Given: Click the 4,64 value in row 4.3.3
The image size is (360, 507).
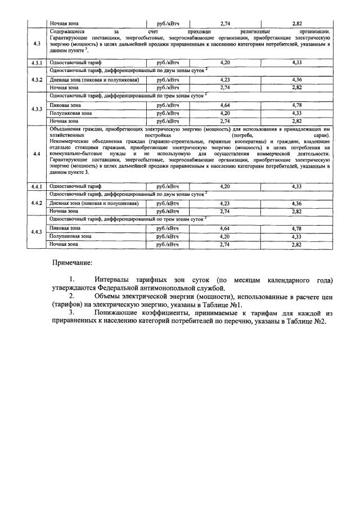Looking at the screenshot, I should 226,105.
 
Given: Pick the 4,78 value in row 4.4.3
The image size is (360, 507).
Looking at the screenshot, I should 297,228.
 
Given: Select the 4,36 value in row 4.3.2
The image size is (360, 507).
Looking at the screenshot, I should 297,80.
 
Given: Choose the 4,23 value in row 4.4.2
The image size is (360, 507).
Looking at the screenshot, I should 226,203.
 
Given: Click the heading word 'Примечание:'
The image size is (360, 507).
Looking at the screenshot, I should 73,263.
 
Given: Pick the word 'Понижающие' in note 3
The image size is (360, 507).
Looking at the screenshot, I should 119,312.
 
